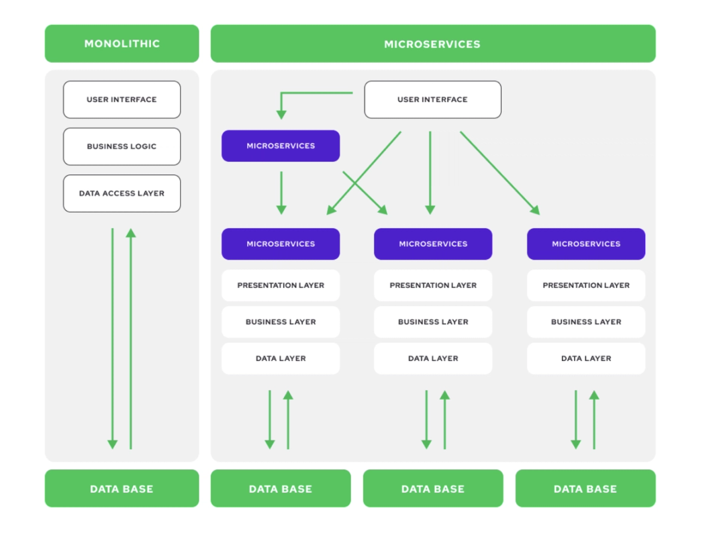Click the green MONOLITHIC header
pyautogui.click(x=122, y=44)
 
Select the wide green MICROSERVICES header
pyautogui.click(x=432, y=44)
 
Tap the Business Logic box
pyautogui.click(x=122, y=146)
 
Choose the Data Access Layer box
pyautogui.click(x=122, y=193)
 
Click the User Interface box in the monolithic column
pyautogui.click(x=122, y=99)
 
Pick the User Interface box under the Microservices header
pyautogui.click(x=432, y=99)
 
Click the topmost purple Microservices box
pyautogui.click(x=281, y=146)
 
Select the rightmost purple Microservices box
pyautogui.click(x=585, y=244)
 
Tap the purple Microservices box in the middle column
pyautogui.click(x=432, y=244)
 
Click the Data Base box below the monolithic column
pyautogui.click(x=122, y=489)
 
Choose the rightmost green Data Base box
pyautogui.click(x=585, y=489)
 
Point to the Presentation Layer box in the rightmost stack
pyautogui.click(x=585, y=285)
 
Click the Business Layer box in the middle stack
pyautogui.click(x=432, y=322)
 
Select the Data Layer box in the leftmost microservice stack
pyautogui.click(x=281, y=358)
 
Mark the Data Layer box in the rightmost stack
pyautogui.click(x=585, y=358)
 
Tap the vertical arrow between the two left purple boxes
pyautogui.click(x=281, y=193)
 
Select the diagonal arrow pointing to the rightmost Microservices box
pyautogui.click(x=500, y=173)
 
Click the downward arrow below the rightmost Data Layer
pyautogui.click(x=575, y=420)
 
